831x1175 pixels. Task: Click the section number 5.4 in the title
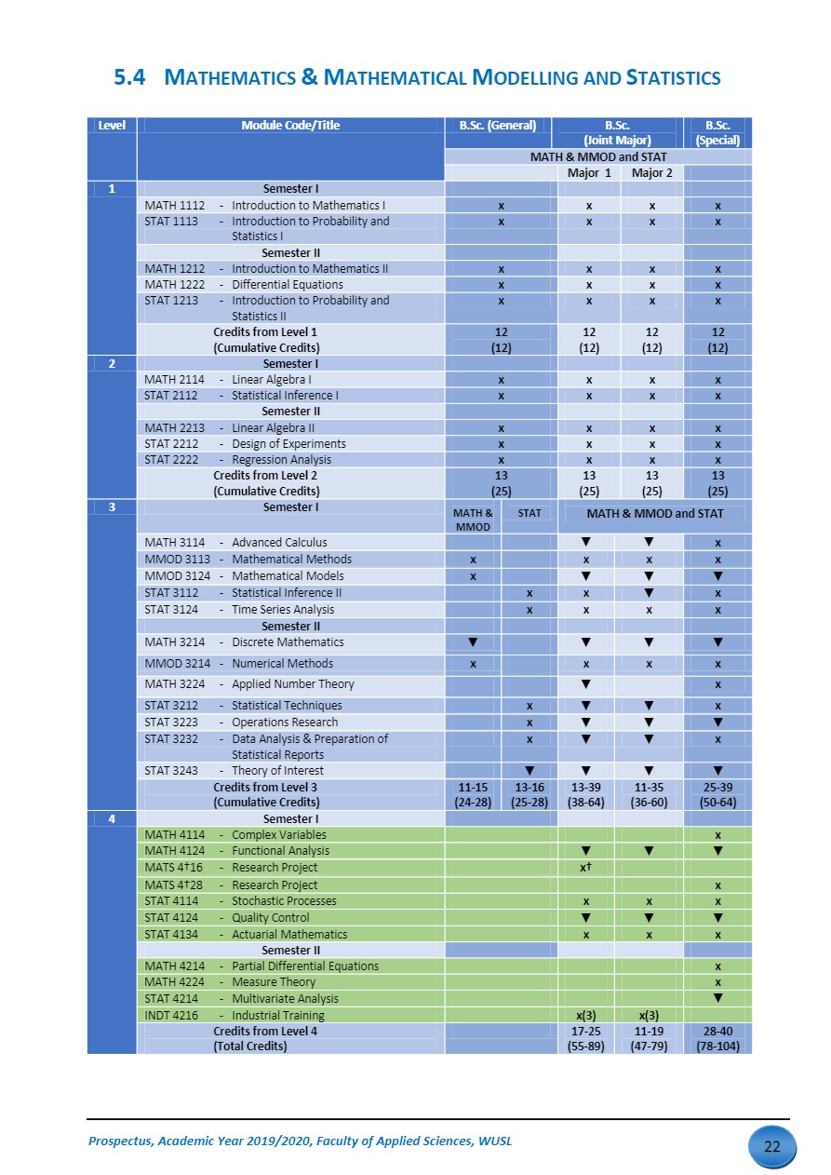coord(129,78)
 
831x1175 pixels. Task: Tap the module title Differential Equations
coord(287,285)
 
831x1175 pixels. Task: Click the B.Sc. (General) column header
coord(497,126)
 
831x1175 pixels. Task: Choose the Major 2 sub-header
coord(651,172)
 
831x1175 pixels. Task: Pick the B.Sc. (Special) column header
coord(717,133)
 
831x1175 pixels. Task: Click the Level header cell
coord(112,126)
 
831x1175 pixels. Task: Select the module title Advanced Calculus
coord(279,543)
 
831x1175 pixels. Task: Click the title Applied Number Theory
coord(292,684)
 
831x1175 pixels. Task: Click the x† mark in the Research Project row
coord(586,868)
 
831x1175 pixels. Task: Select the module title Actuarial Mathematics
coord(288,935)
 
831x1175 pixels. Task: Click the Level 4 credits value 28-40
coord(717,1032)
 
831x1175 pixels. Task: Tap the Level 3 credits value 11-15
coord(473,787)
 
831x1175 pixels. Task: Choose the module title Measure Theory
coord(273,982)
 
